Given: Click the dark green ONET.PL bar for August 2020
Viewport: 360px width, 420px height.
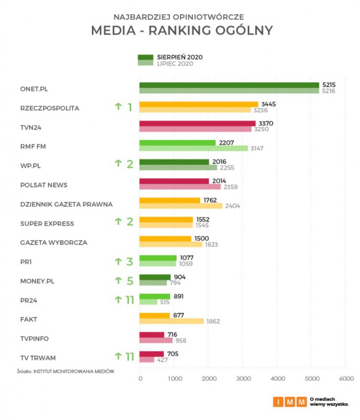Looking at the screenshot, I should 229,85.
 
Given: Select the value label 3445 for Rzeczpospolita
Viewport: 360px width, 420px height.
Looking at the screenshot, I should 268,104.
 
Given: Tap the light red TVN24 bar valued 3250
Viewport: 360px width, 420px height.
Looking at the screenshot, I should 195,129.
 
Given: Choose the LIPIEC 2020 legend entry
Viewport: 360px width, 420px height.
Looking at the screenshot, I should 175,64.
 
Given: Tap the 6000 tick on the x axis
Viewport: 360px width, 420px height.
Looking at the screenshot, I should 346,378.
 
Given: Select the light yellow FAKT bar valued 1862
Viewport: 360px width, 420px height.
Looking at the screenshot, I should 171,321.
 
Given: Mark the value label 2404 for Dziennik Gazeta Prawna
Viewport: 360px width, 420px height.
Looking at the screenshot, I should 232,206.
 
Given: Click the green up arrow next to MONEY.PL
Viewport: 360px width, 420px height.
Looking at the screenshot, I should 118,281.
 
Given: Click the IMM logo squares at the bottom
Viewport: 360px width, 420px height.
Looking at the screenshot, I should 289,402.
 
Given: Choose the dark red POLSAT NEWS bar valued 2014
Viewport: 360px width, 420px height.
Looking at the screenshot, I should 174,181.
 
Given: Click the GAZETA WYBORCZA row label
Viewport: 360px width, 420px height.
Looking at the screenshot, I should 54,243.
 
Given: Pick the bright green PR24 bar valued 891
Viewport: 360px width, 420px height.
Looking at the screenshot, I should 155,296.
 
